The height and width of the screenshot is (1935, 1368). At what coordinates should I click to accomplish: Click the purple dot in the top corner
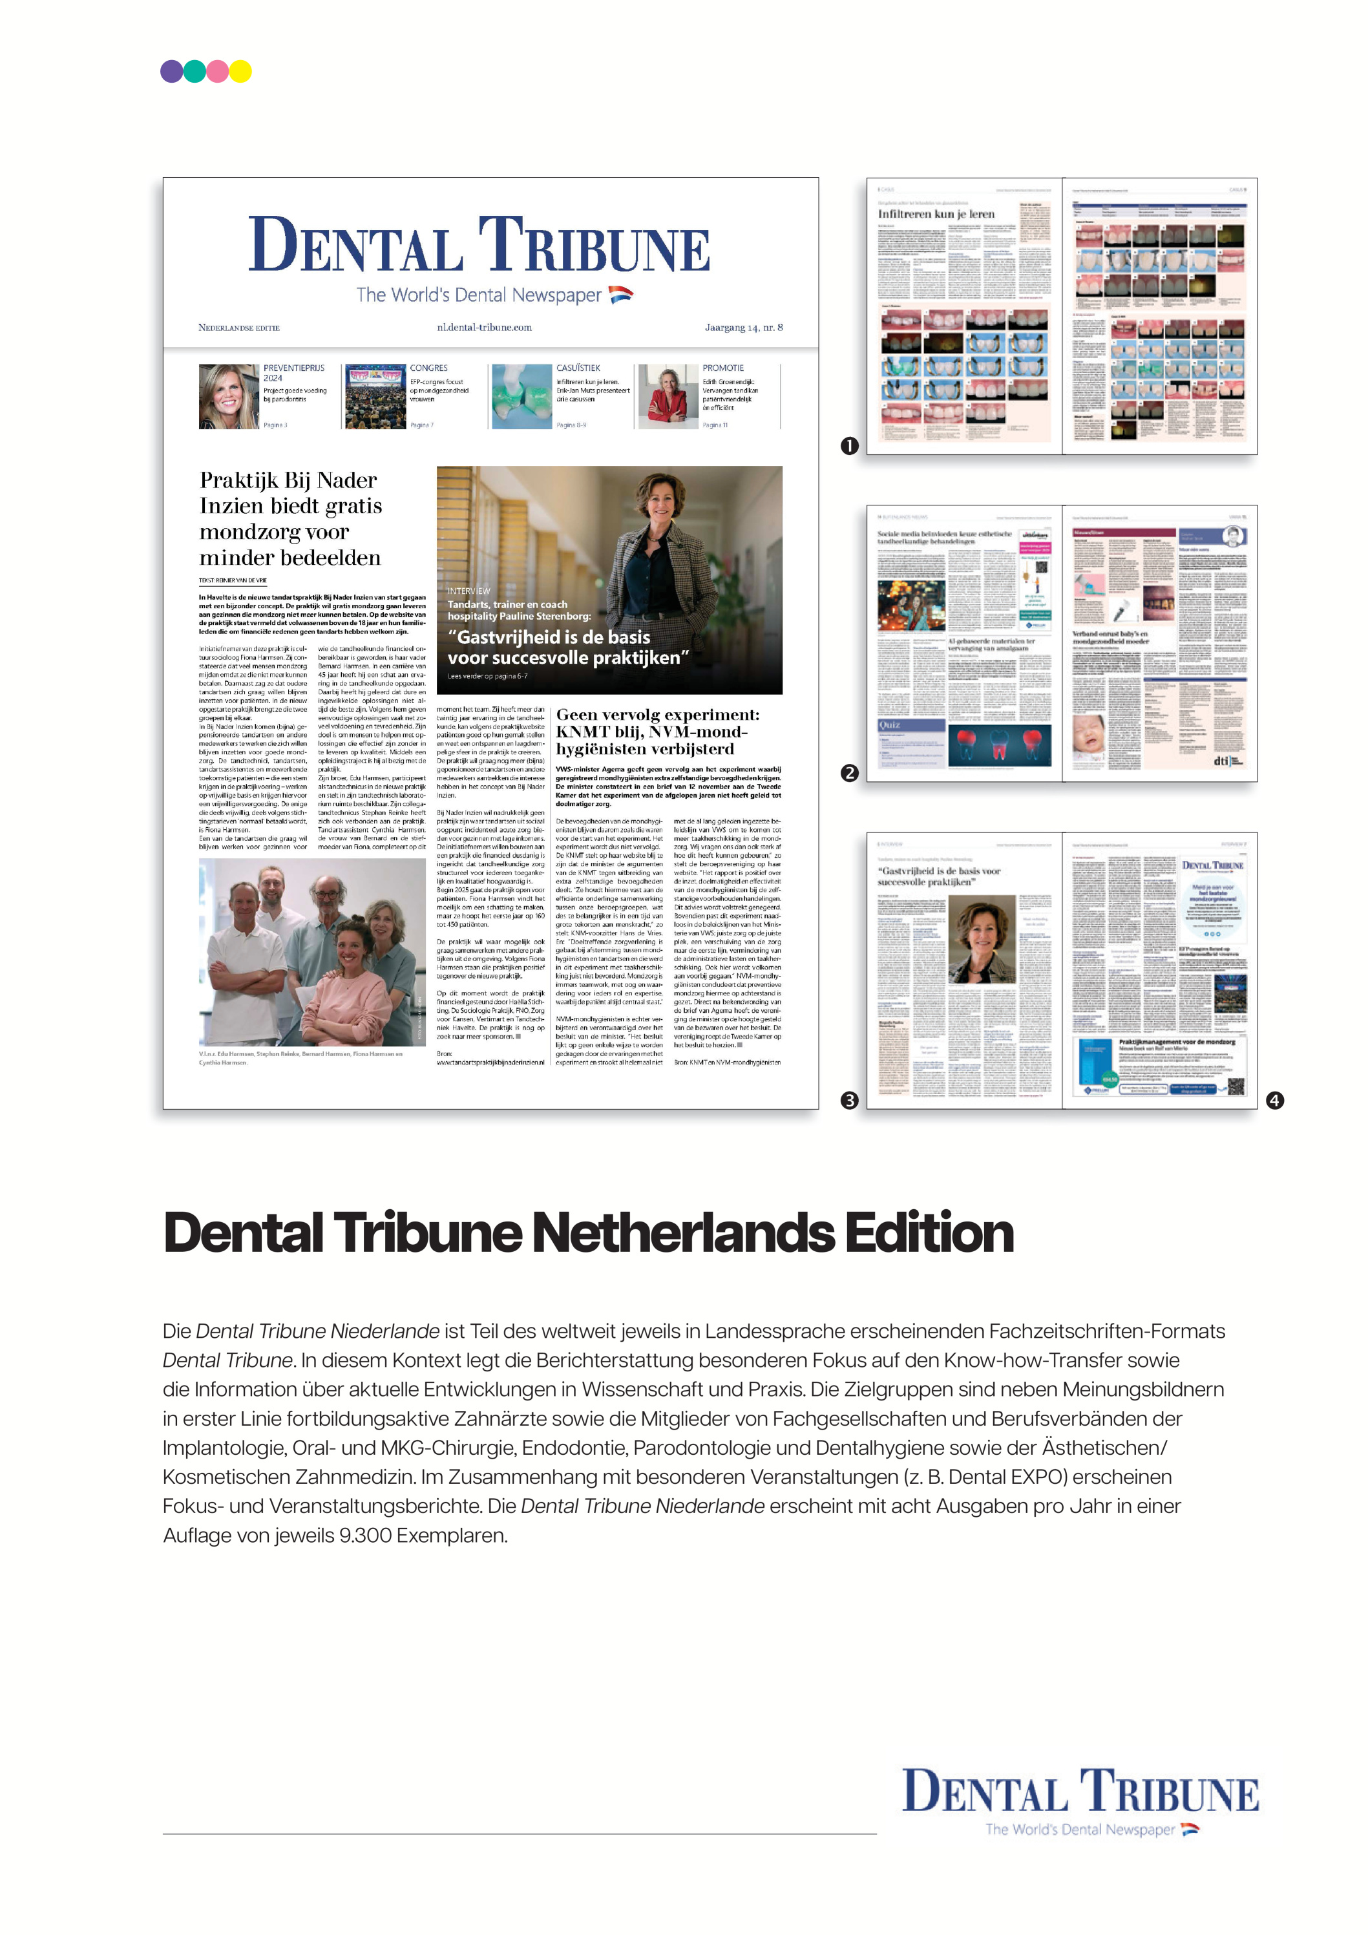tap(172, 71)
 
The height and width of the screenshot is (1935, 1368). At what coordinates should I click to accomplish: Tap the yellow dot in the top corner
tap(241, 71)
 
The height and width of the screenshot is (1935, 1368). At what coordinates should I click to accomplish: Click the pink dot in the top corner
tap(218, 71)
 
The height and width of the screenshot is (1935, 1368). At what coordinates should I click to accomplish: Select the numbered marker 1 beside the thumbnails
tap(850, 446)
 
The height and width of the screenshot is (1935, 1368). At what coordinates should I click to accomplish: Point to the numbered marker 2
tap(850, 773)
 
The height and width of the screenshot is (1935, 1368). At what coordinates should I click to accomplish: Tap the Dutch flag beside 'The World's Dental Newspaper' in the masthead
tap(620, 294)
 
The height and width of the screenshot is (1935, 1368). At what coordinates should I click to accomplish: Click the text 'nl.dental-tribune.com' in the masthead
tap(484, 328)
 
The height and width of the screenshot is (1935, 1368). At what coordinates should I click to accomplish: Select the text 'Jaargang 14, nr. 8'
tap(743, 328)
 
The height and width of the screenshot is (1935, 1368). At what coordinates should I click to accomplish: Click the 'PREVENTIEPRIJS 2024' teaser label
tap(293, 372)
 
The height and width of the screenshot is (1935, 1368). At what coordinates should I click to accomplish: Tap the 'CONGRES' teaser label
tap(429, 368)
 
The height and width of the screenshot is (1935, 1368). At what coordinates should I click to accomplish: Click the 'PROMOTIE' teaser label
tap(723, 368)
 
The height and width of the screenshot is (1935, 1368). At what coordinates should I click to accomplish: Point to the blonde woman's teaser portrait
tap(228, 397)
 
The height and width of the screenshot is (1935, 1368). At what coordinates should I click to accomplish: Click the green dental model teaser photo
tap(521, 397)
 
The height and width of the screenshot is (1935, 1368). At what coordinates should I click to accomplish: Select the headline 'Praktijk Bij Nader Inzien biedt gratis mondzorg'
tap(290, 518)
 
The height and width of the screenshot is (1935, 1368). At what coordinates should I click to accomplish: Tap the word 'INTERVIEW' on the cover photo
tap(468, 591)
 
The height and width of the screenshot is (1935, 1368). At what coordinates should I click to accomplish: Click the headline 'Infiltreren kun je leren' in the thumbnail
tap(936, 214)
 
